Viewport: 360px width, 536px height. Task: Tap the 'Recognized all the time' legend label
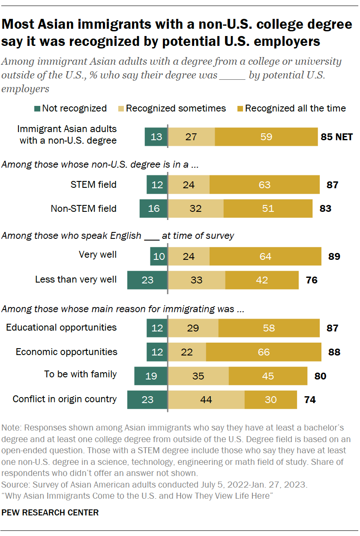click(x=295, y=108)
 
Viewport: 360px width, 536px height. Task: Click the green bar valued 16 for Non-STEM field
click(x=153, y=208)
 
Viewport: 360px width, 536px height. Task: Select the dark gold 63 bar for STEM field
click(x=264, y=185)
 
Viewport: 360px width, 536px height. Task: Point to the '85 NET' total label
click(x=336, y=137)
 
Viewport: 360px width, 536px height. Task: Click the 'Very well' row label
click(x=98, y=255)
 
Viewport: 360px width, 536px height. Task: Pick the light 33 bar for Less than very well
click(x=196, y=280)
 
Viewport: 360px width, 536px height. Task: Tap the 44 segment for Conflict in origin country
click(x=206, y=399)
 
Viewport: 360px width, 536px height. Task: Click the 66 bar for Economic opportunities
click(x=264, y=352)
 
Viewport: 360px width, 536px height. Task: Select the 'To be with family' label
click(x=81, y=374)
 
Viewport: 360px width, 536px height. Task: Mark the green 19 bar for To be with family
click(x=151, y=376)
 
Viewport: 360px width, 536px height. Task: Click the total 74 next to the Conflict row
click(x=309, y=400)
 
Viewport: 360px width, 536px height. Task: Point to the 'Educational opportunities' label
click(x=61, y=328)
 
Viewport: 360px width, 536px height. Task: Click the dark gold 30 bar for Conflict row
click(x=270, y=399)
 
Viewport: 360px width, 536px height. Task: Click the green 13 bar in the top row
click(x=156, y=137)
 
